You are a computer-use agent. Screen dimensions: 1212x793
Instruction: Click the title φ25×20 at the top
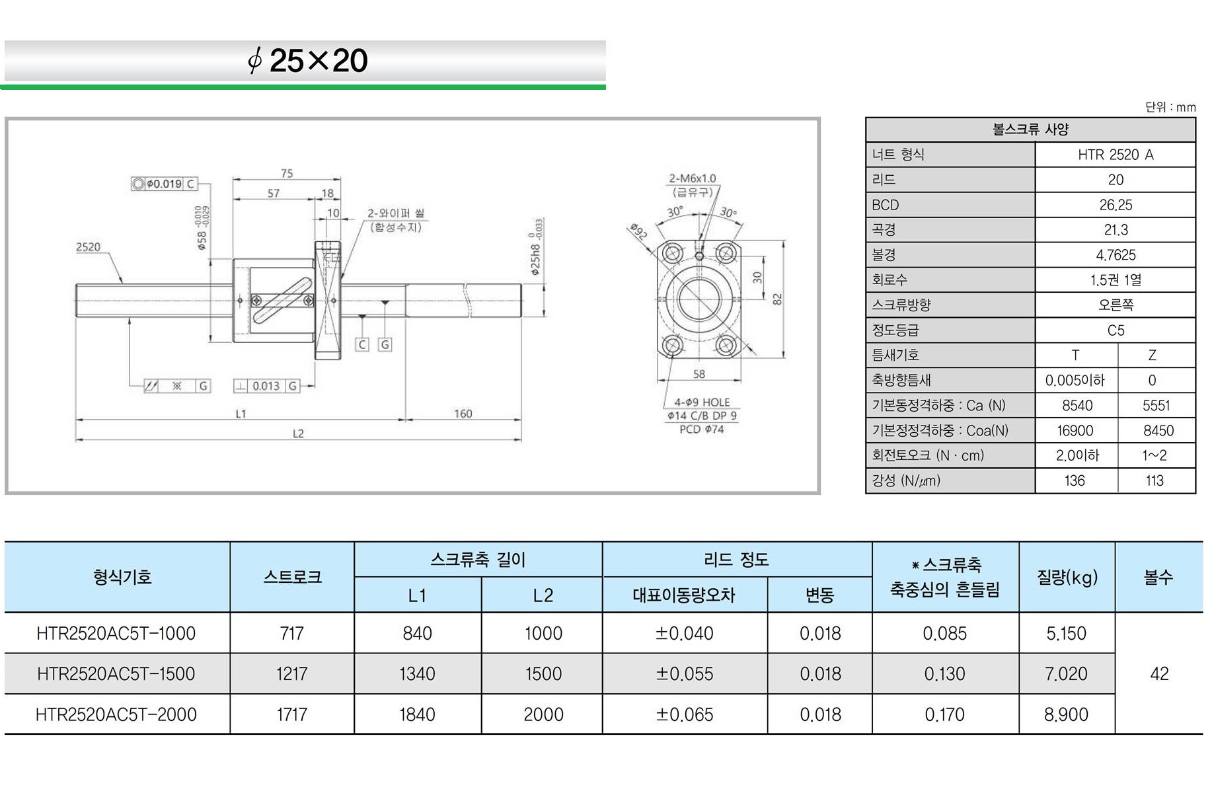coord(307,61)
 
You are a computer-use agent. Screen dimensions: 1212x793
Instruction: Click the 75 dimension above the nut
coord(286,173)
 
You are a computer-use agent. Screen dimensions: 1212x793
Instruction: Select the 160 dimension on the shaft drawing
coord(463,414)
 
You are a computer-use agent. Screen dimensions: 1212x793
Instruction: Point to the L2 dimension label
coord(298,434)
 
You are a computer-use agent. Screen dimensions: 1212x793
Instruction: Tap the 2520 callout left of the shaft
coord(88,247)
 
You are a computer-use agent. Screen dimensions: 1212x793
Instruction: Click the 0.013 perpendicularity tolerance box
coord(267,386)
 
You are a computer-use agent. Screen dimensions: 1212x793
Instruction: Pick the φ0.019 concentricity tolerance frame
coord(164,184)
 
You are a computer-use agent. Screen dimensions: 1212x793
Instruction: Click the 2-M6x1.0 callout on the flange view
coord(692,178)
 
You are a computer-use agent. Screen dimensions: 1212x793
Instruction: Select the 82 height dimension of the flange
coord(777,299)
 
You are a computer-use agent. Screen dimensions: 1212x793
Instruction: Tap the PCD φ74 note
coord(702,430)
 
